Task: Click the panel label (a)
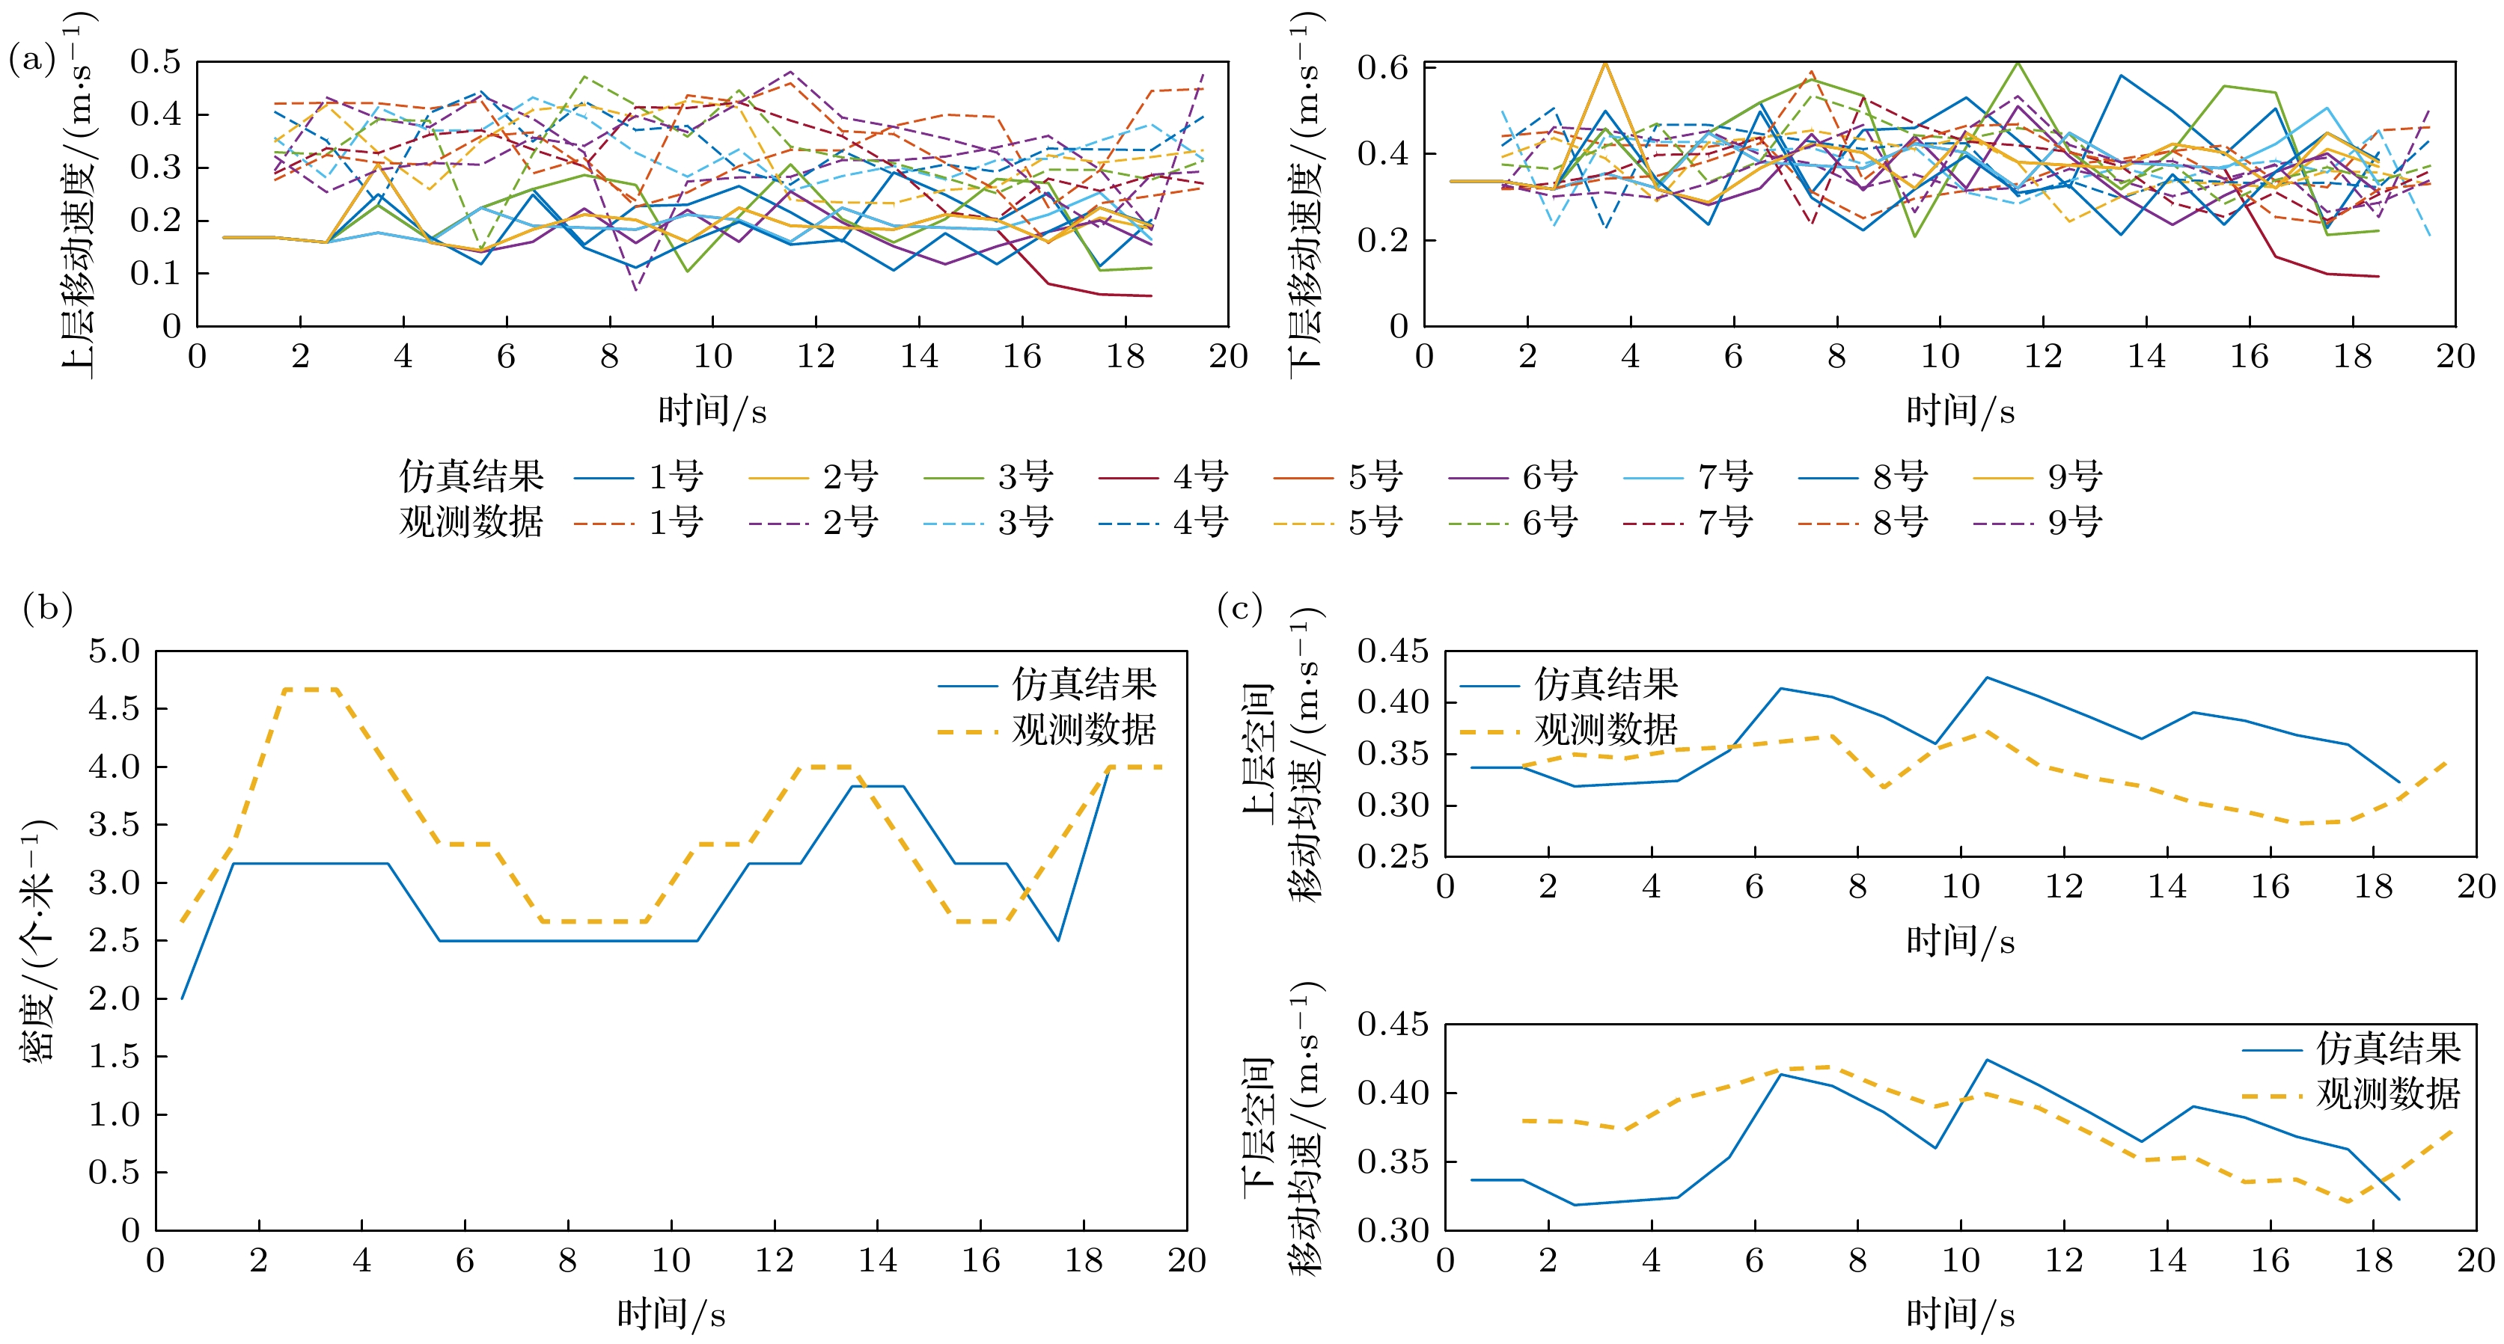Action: (x=32, y=61)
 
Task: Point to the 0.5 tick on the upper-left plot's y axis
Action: (x=156, y=62)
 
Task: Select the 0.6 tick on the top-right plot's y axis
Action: (x=1382, y=68)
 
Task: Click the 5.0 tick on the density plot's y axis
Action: (x=114, y=651)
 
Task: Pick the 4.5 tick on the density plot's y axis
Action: (x=114, y=708)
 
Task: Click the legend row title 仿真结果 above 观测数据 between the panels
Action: (x=471, y=477)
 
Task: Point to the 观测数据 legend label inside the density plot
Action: (x=1084, y=730)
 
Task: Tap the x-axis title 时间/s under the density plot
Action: (x=671, y=1315)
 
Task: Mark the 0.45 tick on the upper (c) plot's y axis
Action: (x=1392, y=651)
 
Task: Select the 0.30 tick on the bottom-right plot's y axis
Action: (x=1392, y=1230)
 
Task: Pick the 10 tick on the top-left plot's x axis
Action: (x=712, y=357)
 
